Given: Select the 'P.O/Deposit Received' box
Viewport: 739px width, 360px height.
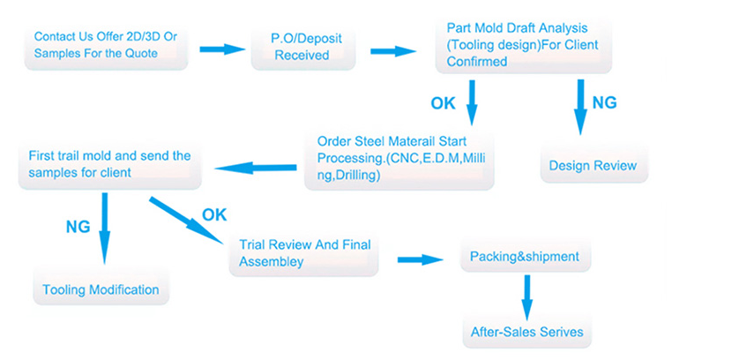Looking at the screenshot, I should tap(302, 47).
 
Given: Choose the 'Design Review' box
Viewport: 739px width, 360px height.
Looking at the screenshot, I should tap(593, 165).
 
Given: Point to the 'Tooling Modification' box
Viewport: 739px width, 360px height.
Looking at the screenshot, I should tap(101, 289).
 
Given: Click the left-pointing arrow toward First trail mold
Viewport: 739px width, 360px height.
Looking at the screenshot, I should tap(257, 166).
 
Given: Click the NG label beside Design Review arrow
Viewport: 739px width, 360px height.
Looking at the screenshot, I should tap(604, 102).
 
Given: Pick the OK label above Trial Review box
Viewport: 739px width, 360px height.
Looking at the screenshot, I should tap(215, 214).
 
